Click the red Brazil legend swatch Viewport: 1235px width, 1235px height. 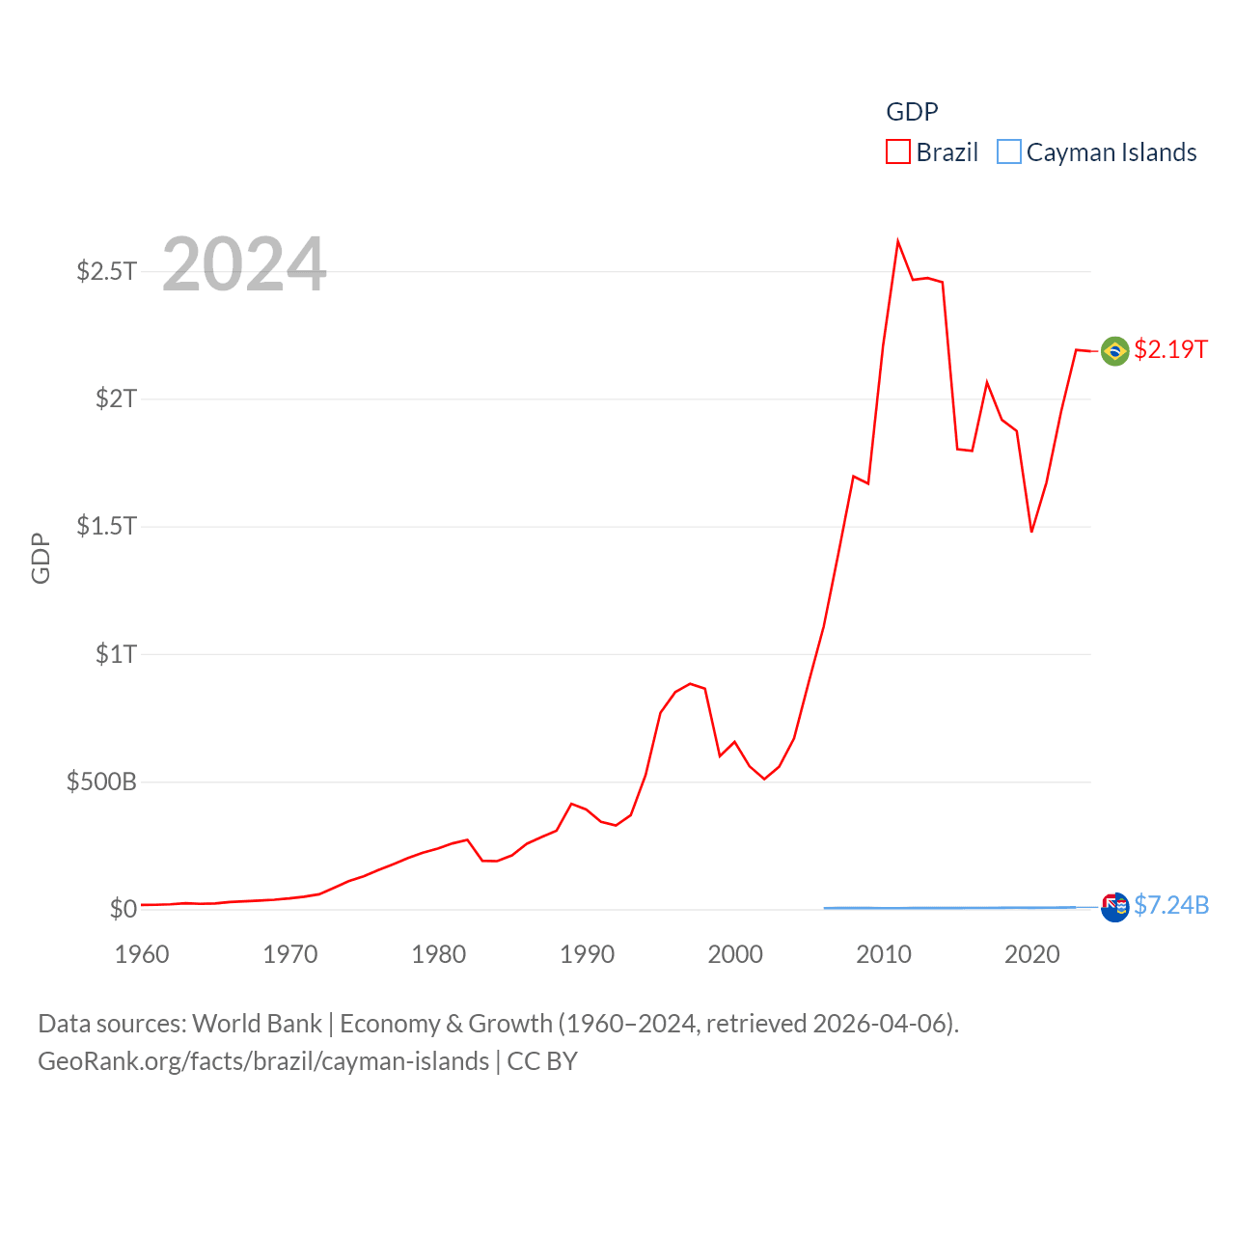(x=897, y=152)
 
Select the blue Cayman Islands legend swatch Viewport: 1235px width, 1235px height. (x=1008, y=152)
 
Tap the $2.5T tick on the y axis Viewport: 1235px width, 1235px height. (x=106, y=271)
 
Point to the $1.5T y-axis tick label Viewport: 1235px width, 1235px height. (x=106, y=526)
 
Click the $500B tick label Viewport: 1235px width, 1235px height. (x=101, y=782)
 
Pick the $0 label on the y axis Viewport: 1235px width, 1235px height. (x=123, y=909)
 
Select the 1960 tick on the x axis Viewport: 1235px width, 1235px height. (x=142, y=954)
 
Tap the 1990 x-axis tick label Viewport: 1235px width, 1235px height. (x=587, y=954)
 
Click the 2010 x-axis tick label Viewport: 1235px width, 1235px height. (x=884, y=954)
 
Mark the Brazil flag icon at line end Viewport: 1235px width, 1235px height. (x=1114, y=350)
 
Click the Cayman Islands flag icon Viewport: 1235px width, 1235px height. (x=1114, y=907)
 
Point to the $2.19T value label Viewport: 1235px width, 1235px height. (x=1170, y=349)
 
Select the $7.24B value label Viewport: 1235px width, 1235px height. (x=1171, y=905)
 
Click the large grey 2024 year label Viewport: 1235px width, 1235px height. (x=244, y=264)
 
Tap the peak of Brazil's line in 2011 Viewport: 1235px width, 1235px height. (x=897, y=241)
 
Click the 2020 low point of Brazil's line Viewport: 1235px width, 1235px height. (x=1031, y=532)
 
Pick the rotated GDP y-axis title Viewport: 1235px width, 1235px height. (x=41, y=558)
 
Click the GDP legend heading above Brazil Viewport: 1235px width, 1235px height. (x=912, y=112)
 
